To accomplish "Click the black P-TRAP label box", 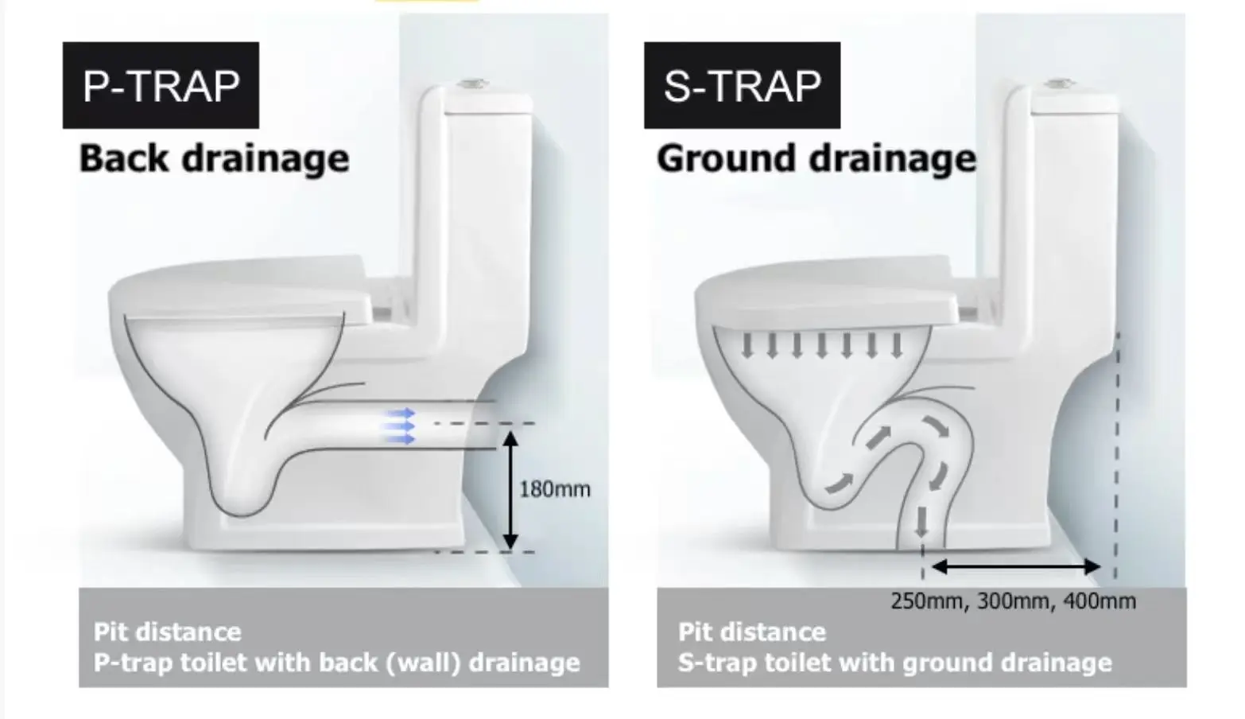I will tap(161, 85).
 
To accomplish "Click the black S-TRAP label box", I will tap(742, 85).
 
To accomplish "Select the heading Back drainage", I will tap(214, 157).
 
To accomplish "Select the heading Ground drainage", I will tap(816, 157).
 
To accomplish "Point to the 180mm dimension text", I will tap(555, 488).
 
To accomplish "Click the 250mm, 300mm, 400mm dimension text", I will tap(1013, 600).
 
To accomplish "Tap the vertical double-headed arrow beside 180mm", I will tap(511, 490).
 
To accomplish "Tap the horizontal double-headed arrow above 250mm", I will tap(1015, 567).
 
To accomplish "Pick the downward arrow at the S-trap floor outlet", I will tap(921, 521).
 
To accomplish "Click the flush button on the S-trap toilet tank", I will tap(1061, 83).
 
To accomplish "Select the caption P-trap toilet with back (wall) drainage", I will tap(336, 663).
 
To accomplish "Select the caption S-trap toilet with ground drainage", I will tap(894, 663).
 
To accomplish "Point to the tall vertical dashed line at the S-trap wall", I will tap(1117, 453).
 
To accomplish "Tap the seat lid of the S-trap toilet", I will tap(827, 290).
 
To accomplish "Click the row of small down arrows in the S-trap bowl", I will tap(821, 345).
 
